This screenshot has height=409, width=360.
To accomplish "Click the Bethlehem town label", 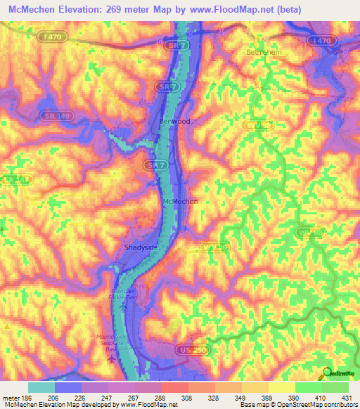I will point(264,53).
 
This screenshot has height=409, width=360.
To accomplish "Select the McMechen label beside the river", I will point(180,201).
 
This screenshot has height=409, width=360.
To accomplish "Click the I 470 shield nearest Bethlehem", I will point(323,42).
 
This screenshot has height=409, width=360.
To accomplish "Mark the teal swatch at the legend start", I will point(41,387).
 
